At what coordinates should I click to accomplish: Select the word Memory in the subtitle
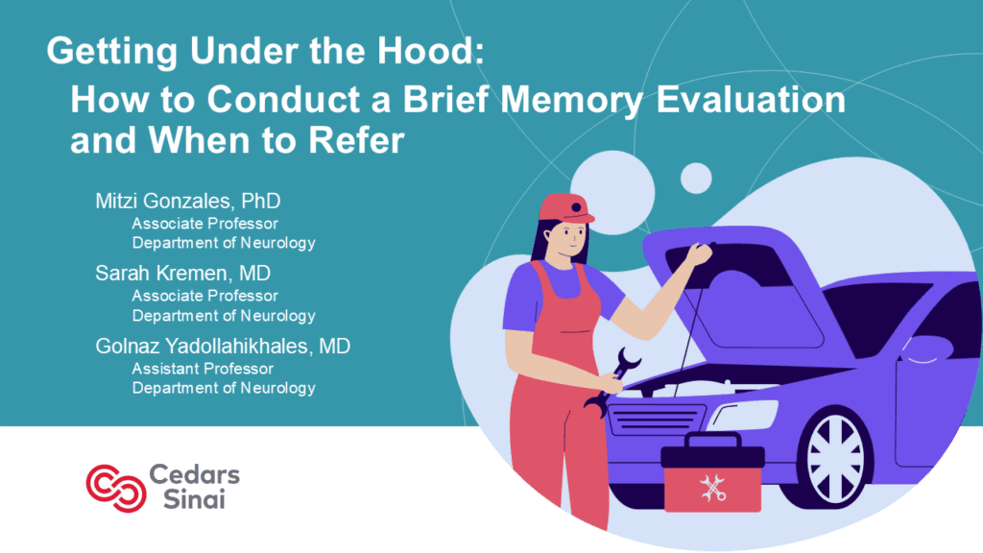pos(572,100)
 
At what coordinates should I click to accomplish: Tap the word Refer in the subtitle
pos(356,140)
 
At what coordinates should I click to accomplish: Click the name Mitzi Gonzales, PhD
pos(188,202)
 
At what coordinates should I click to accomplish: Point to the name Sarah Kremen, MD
pos(183,274)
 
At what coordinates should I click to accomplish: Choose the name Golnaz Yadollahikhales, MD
pos(223,346)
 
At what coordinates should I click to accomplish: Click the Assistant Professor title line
pos(203,369)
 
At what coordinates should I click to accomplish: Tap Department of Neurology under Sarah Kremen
pos(223,315)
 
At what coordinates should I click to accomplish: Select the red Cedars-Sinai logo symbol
pos(116,488)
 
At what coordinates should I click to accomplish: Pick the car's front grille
pos(656,420)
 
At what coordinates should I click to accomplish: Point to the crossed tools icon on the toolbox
pos(713,488)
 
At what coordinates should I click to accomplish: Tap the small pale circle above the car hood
pos(696,178)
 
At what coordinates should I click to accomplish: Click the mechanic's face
pos(569,236)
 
